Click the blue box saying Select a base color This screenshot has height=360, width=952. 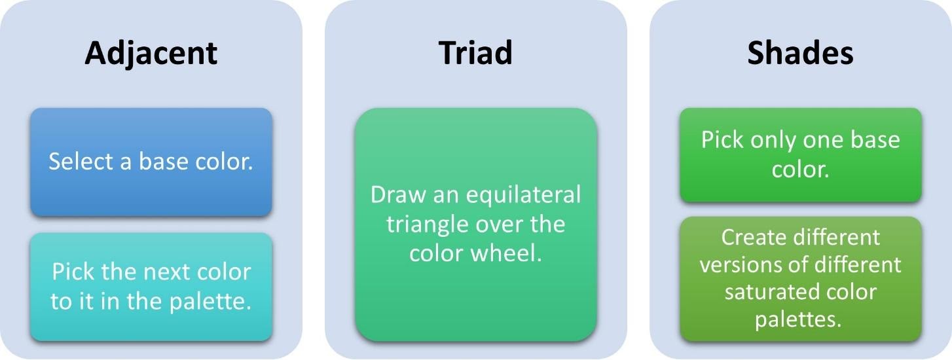(151, 162)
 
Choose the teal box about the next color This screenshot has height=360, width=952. (151, 287)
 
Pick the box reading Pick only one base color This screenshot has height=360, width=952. (800, 154)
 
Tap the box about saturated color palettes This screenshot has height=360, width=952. (800, 278)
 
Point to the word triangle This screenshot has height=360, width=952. (426, 224)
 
